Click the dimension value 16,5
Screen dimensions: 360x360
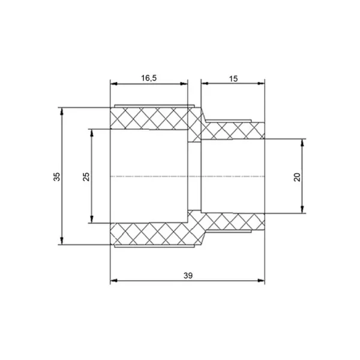click(149, 78)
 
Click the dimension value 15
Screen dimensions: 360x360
click(233, 79)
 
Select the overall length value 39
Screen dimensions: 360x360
click(188, 275)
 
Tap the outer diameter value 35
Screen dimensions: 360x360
click(57, 176)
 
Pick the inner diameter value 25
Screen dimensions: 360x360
click(86, 176)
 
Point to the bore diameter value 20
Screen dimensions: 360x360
click(297, 177)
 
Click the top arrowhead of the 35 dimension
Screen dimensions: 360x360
click(62, 111)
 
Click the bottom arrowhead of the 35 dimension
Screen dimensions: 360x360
click(62, 241)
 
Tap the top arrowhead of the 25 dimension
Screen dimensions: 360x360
click(92, 133)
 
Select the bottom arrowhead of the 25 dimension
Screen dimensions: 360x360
click(92, 220)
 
